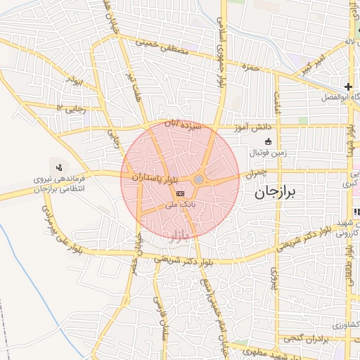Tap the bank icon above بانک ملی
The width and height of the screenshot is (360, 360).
pos(181,193)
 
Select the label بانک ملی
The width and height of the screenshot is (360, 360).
pos(180,205)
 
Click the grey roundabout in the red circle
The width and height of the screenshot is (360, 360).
pos(199,181)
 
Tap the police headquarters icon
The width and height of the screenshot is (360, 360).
pos(59,168)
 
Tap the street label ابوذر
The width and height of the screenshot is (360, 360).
pos(75,82)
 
